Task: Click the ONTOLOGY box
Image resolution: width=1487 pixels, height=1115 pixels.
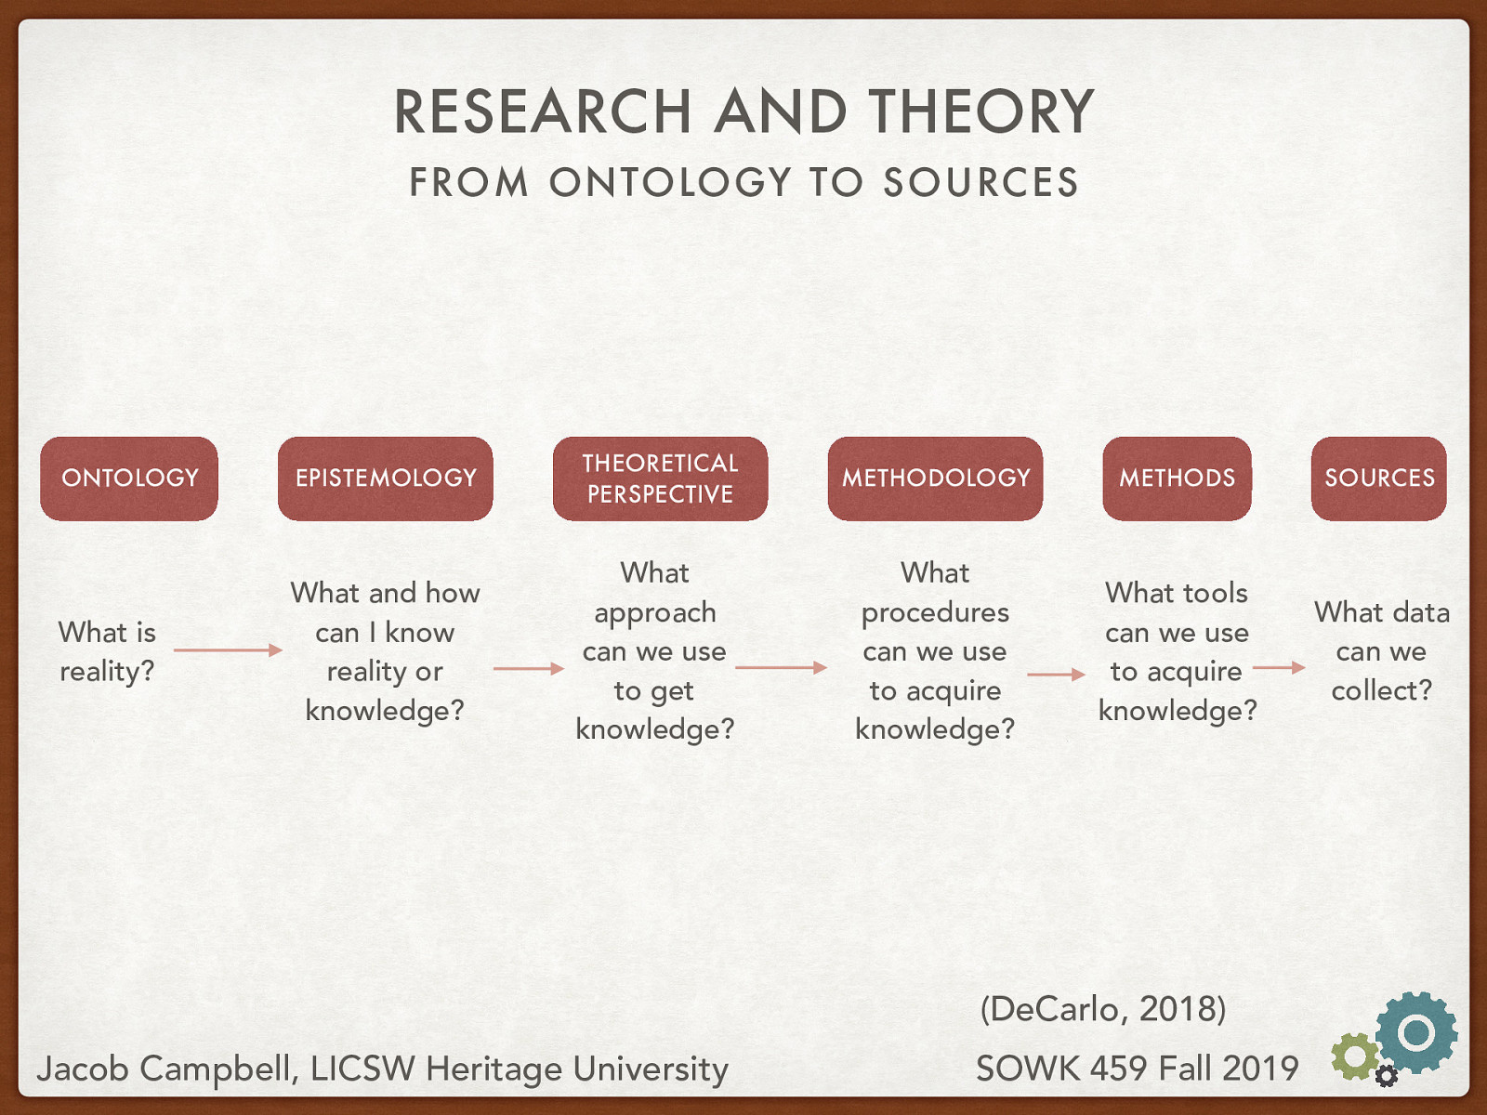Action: (129, 479)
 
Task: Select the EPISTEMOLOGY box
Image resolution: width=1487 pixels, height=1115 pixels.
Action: (385, 479)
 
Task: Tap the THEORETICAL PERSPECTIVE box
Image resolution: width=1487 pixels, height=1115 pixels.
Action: (660, 479)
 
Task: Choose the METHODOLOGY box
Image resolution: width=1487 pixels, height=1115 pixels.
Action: (935, 479)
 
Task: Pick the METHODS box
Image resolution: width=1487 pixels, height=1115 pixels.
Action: (1177, 479)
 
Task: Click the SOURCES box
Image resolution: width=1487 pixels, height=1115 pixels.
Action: (1378, 479)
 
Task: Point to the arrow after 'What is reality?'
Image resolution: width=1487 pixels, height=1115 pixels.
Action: (228, 650)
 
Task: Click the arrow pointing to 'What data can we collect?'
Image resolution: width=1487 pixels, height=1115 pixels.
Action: (1279, 667)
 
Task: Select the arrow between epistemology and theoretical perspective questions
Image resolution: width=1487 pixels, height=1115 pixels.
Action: (528, 668)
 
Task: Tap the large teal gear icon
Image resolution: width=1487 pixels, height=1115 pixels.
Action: (1416, 1031)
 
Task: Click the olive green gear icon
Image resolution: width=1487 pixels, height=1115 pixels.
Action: (1355, 1056)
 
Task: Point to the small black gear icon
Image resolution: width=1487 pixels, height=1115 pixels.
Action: (1387, 1076)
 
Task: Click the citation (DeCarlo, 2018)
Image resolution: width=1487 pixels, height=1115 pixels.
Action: (1103, 1008)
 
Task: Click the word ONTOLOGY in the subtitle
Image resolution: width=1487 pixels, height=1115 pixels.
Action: (670, 182)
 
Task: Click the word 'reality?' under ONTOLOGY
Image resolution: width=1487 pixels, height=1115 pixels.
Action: (107, 671)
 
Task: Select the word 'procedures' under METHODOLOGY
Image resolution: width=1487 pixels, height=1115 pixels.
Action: (935, 612)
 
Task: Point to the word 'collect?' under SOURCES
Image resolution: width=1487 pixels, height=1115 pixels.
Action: (1381, 690)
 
